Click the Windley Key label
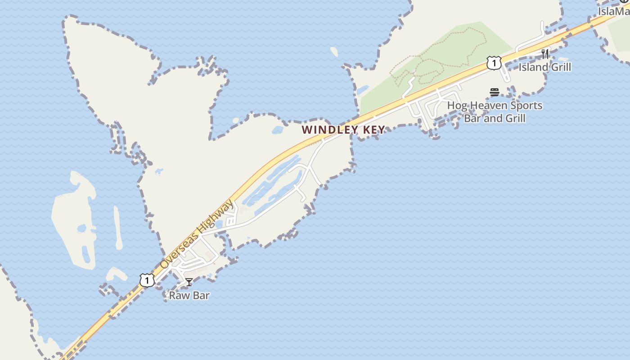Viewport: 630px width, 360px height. click(343, 130)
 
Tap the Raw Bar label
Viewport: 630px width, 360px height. click(189, 296)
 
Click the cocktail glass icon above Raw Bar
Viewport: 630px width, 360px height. click(189, 282)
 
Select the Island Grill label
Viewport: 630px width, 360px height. click(544, 67)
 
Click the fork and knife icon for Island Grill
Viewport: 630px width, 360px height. click(545, 54)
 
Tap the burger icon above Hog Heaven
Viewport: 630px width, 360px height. click(495, 92)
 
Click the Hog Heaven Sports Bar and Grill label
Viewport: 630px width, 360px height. click(495, 112)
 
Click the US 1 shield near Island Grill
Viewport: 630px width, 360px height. click(494, 63)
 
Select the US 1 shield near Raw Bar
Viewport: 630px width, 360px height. click(147, 280)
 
